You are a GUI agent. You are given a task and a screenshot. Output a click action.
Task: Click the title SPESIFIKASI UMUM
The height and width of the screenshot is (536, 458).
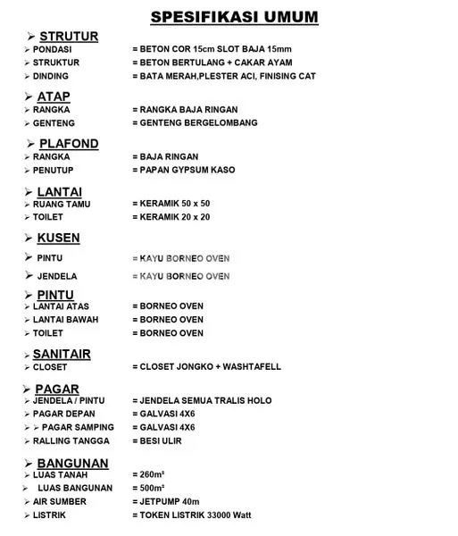click(x=234, y=16)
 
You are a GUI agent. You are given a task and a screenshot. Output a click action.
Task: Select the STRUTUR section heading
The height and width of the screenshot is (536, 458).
click(x=69, y=36)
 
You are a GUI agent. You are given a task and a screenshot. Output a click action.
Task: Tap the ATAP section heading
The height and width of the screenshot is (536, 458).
click(x=54, y=96)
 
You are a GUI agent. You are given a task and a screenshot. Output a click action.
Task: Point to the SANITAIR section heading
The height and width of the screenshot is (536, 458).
click(x=62, y=354)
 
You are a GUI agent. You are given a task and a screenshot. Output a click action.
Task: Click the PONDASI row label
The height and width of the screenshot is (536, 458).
click(x=52, y=49)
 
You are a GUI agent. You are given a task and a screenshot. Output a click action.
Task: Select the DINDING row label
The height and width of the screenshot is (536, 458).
click(x=50, y=76)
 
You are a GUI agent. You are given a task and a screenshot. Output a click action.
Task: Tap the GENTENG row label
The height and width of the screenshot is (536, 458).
click(x=54, y=122)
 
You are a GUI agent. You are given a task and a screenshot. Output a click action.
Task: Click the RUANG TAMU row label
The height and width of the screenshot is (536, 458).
click(x=62, y=204)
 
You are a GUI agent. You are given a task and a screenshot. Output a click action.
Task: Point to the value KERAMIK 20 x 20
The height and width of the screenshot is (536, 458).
click(x=171, y=217)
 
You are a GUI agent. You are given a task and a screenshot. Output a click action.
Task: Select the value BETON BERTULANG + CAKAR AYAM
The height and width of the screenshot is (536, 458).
click(x=212, y=63)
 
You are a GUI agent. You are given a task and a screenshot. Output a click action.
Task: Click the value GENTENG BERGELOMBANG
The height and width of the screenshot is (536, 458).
click(x=195, y=122)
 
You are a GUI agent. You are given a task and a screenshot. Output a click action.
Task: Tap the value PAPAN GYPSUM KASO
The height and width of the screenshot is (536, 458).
click(x=184, y=170)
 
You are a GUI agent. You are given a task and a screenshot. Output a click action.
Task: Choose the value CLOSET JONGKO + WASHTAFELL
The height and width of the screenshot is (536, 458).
click(x=206, y=366)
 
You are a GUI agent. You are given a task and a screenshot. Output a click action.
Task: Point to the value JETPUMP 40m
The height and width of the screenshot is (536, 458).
click(x=165, y=501)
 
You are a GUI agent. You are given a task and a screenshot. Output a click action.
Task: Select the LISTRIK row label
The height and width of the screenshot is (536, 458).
click(x=50, y=515)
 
